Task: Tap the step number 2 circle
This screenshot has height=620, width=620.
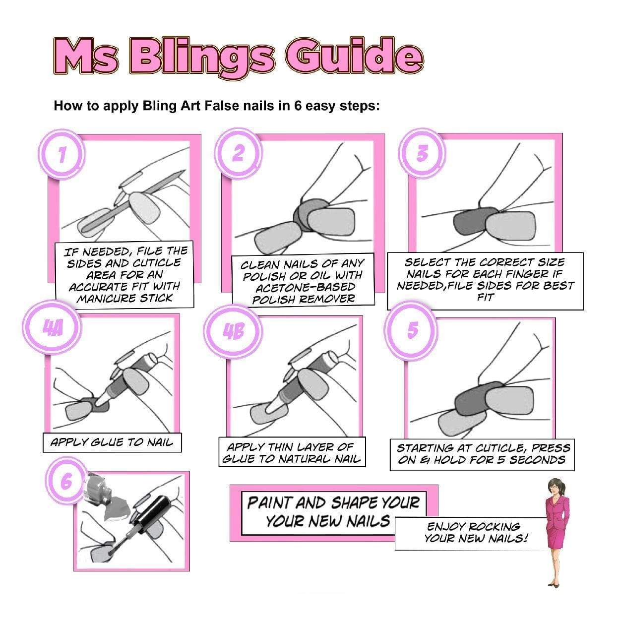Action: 238,153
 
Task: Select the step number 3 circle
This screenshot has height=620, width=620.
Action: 422,154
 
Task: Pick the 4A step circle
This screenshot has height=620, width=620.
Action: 52,328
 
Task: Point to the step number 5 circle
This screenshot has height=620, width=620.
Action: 412,330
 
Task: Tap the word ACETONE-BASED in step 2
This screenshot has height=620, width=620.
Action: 305,287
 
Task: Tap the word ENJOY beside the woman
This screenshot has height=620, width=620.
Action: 446,527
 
